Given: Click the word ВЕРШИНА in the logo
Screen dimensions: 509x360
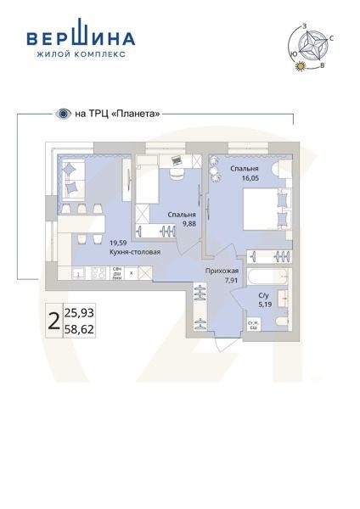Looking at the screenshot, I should (x=82, y=37).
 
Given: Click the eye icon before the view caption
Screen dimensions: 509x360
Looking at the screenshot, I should (x=62, y=113).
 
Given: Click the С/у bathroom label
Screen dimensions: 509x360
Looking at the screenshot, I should (x=263, y=294).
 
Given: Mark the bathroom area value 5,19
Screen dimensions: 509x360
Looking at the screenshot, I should (x=263, y=304).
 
